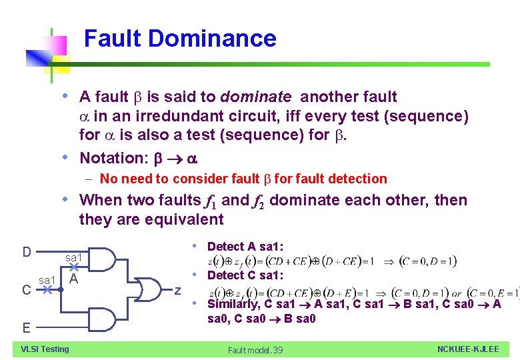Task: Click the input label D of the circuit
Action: click(27, 252)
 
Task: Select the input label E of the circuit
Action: click(26, 327)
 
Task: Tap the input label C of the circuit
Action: click(26, 290)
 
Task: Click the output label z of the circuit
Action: click(178, 290)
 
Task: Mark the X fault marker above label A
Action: click(74, 265)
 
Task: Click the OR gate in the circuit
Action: click(149, 289)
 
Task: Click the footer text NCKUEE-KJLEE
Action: click(467, 349)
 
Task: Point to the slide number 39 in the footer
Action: click(277, 350)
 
